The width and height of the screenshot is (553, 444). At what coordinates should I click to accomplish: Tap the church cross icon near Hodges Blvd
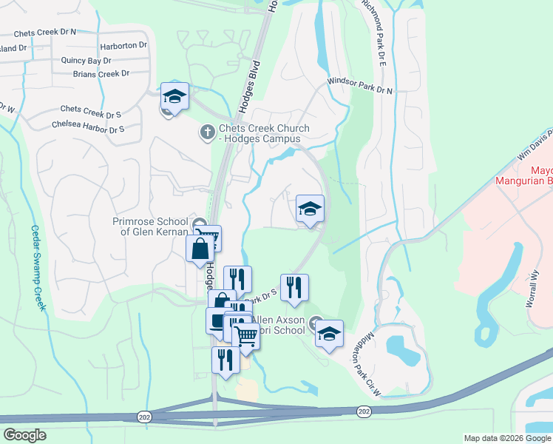tap(208, 132)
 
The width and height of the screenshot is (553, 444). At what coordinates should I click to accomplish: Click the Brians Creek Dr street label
tap(101, 73)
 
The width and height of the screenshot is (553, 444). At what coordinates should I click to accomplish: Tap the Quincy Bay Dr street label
tap(86, 61)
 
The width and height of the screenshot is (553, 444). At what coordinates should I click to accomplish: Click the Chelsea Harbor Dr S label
tap(88, 128)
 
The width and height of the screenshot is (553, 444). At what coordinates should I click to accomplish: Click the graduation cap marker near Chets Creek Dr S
tap(174, 96)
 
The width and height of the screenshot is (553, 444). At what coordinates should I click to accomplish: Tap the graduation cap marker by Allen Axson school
tap(329, 334)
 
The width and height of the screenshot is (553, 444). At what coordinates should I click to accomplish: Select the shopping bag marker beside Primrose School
tap(200, 249)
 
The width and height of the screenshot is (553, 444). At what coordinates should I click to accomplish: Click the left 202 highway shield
tap(142, 418)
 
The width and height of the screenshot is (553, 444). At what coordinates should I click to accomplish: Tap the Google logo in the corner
tap(24, 435)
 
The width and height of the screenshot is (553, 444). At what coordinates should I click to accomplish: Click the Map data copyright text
tap(508, 438)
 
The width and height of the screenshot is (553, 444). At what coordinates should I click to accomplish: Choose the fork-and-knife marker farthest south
tap(225, 360)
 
